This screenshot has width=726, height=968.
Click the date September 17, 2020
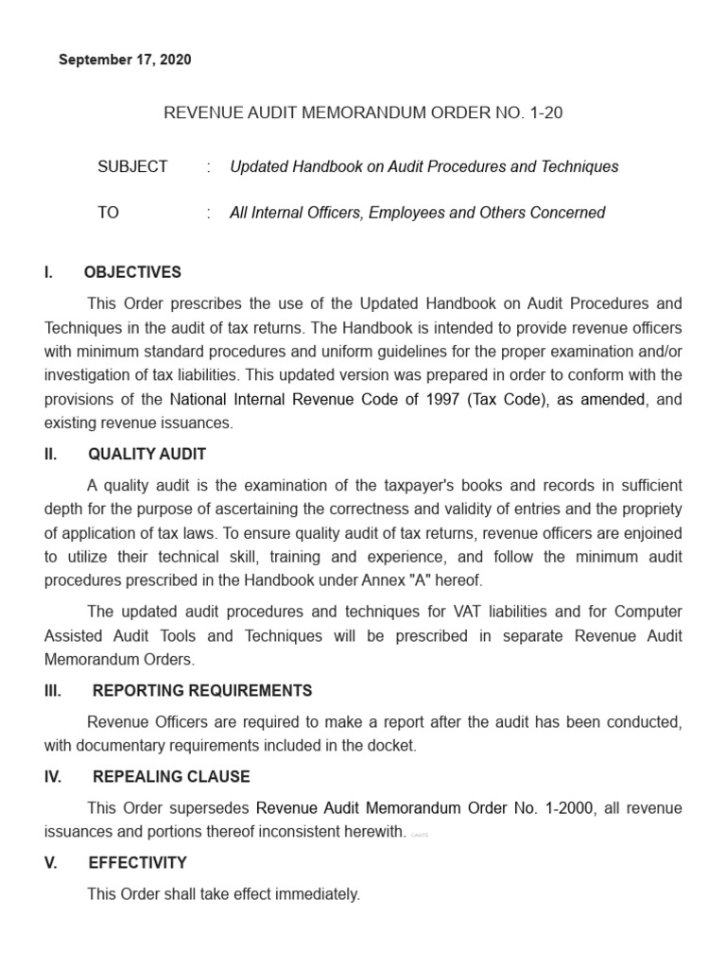pyautogui.click(x=125, y=60)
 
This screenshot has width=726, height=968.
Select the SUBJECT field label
pyautogui.click(x=132, y=166)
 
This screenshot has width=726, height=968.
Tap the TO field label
pyautogui.click(x=108, y=213)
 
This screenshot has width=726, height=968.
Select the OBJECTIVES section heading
pyautogui.click(x=132, y=272)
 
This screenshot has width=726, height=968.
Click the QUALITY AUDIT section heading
pyautogui.click(x=147, y=455)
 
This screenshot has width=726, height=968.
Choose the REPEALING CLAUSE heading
pyautogui.click(x=171, y=777)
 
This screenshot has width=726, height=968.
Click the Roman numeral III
pyautogui.click(x=53, y=691)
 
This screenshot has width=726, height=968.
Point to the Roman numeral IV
pyautogui.click(x=53, y=777)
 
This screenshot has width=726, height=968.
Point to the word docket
pyautogui.click(x=393, y=746)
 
